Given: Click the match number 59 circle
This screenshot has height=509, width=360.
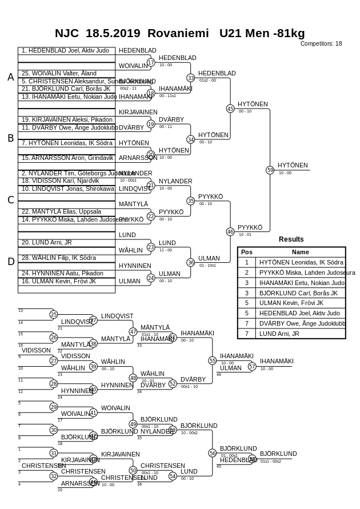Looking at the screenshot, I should [x=270, y=170].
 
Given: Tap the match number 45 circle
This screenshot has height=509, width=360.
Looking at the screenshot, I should [x=230, y=109].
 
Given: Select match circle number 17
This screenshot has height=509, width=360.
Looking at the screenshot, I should [x=151, y=62].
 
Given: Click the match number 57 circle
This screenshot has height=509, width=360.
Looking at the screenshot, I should [x=252, y=366].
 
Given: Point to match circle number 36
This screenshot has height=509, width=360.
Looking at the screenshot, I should [x=191, y=262].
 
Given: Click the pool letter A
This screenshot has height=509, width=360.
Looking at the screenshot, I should [x=10, y=77].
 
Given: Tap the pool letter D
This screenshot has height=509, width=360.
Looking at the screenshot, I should [x=10, y=262].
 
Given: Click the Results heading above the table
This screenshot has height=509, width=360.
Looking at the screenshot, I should [x=291, y=239].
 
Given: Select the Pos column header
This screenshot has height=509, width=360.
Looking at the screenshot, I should [x=247, y=252].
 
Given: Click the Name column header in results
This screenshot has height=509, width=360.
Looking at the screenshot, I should [x=300, y=252].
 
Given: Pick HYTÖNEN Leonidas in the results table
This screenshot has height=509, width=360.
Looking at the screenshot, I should [x=301, y=262].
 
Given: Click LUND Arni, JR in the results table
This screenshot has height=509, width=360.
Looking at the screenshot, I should [x=279, y=334].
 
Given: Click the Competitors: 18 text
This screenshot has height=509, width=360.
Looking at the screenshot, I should [x=321, y=43].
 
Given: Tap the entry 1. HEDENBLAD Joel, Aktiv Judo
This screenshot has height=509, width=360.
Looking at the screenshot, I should [x=65, y=50].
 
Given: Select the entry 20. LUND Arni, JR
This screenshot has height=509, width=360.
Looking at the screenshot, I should [x=47, y=242].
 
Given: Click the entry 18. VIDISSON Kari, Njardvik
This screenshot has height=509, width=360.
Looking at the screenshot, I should [x=60, y=181].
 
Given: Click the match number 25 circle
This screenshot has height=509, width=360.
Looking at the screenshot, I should [x=54, y=314].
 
